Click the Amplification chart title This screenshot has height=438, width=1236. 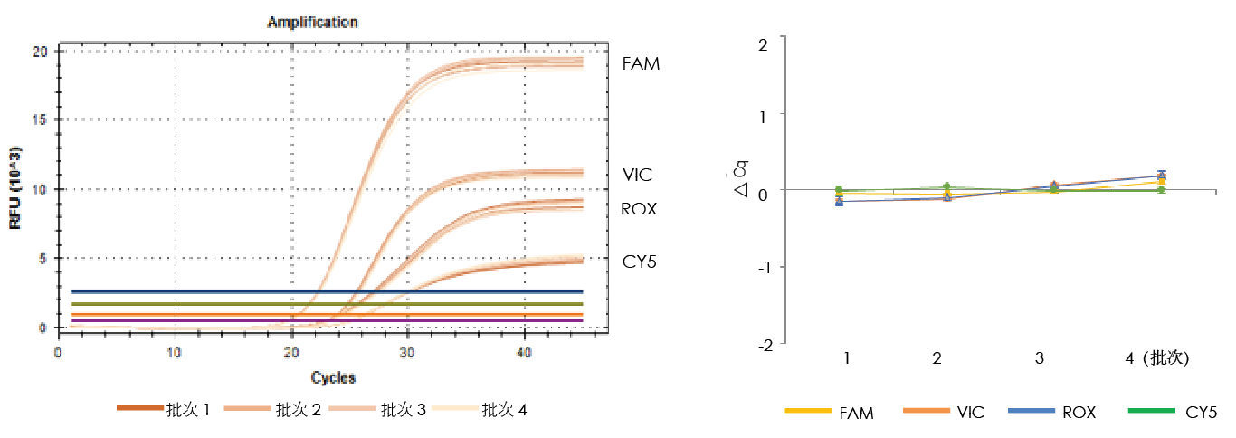[x=312, y=22]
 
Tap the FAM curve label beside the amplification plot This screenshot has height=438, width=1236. [x=641, y=64]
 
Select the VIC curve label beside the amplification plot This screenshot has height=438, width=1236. [x=638, y=175]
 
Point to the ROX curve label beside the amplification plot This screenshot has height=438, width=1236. [x=639, y=209]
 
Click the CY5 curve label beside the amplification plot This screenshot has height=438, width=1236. [x=639, y=262]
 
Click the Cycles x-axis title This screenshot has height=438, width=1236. [x=333, y=377]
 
